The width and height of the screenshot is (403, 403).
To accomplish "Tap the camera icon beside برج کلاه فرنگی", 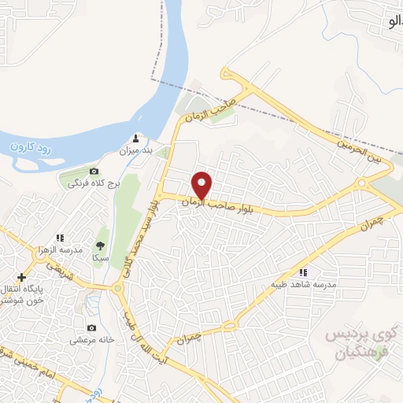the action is [x=94, y=171].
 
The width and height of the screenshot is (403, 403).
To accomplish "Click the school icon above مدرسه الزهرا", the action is [x=60, y=237].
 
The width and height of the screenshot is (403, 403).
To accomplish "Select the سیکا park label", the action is [x=100, y=257].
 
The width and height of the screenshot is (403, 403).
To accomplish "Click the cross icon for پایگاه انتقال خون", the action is [x=21, y=277].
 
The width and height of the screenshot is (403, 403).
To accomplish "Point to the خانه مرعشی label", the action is [x=91, y=340].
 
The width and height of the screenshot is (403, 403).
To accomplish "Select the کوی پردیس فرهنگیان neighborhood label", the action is [x=359, y=344].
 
